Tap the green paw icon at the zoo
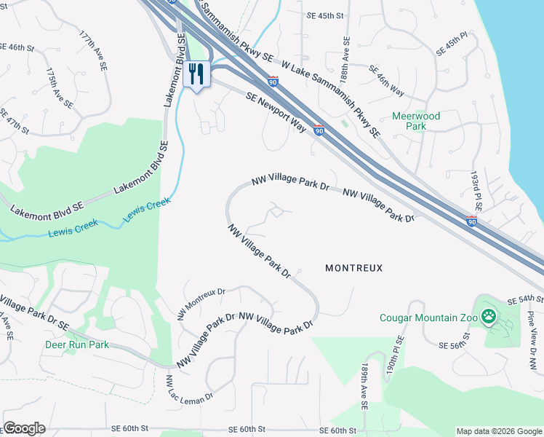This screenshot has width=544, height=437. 491,317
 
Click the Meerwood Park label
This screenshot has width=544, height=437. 415,121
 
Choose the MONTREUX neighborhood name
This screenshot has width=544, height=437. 353,268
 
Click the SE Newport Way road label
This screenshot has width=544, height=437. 276,112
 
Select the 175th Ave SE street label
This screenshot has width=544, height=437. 60,89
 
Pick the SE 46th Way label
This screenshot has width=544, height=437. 385,81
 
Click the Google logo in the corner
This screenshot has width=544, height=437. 23,428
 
